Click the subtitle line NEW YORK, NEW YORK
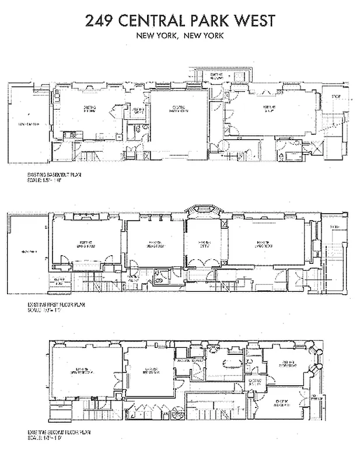point(180,36)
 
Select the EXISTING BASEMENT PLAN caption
point(57,175)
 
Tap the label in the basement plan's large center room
point(179,109)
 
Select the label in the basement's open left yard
point(28,124)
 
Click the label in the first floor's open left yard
point(28,252)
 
